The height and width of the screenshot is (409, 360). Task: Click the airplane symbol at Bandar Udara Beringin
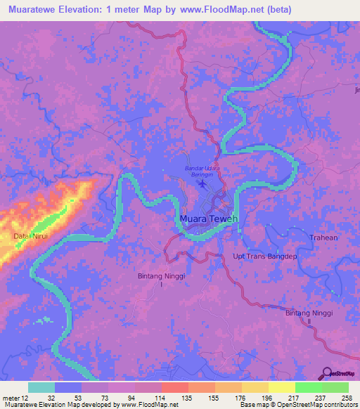(204, 185)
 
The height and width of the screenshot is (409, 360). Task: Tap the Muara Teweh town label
(209, 219)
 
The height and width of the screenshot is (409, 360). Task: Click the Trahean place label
(323, 238)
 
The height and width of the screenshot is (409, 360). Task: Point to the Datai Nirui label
(31, 236)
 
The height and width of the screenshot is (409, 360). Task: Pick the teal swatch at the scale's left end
(41, 387)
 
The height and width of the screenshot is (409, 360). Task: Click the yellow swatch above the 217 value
(281, 387)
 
